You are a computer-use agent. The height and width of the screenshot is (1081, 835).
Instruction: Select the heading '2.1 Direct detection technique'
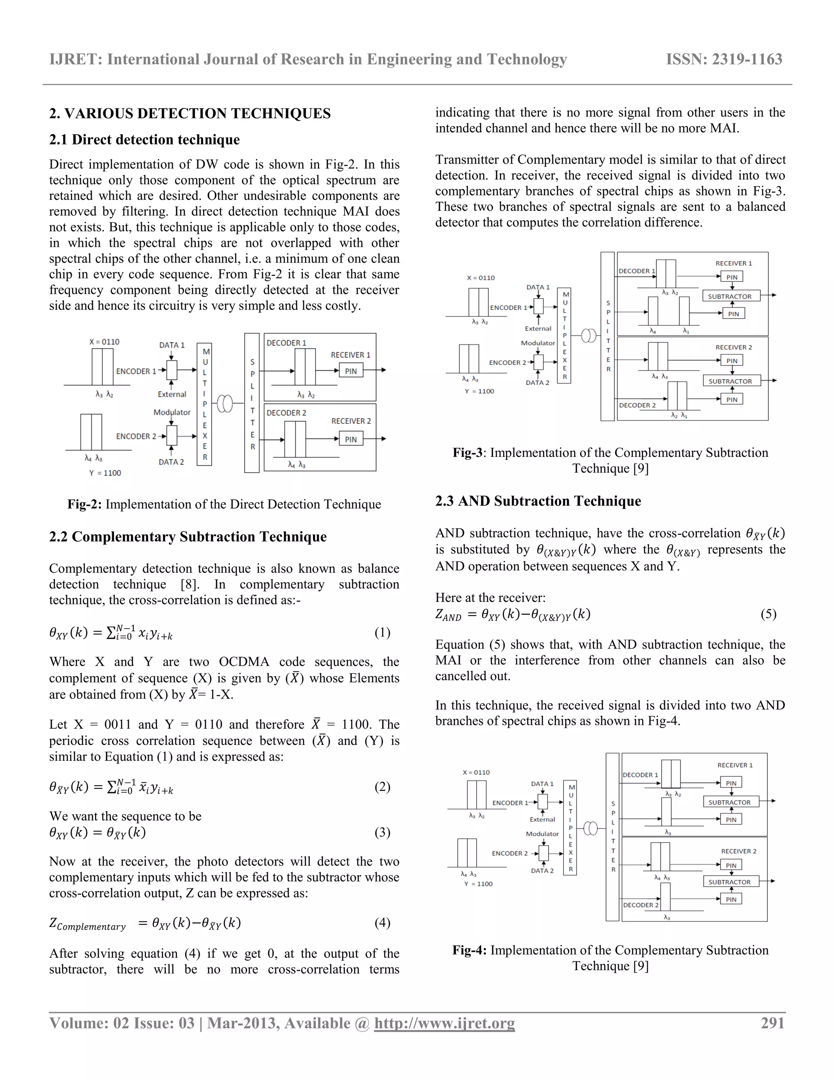coord(144,140)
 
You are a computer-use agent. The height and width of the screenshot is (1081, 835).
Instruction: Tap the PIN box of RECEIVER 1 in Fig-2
coord(351,371)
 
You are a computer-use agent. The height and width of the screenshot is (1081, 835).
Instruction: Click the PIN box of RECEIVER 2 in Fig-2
coord(351,439)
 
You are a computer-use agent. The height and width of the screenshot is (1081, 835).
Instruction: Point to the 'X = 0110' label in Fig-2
coord(104,341)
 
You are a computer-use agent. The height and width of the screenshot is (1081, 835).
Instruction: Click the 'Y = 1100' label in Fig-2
coord(105,473)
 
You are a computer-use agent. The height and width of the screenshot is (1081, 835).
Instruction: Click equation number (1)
coord(382,633)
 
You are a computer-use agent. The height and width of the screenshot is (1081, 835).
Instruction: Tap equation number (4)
coord(382,923)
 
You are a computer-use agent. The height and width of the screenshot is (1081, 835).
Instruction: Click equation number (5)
coord(768,614)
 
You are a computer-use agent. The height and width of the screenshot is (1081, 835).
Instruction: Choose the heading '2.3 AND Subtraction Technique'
coord(538,501)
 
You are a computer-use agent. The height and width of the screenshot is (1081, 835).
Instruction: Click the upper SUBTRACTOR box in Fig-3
coord(730,297)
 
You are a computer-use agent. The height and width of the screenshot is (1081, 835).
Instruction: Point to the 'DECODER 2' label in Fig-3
coord(638,405)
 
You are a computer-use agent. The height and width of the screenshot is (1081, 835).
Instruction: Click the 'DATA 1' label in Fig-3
coord(538,287)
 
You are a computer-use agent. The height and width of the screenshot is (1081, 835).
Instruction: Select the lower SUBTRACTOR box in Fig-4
coord(730,882)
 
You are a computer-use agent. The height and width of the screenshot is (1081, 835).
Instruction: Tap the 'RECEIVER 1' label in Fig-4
coord(735,765)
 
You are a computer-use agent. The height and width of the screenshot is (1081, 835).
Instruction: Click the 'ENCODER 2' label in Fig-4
coord(510,853)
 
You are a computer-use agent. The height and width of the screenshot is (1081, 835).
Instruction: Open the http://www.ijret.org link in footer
coord(444,1023)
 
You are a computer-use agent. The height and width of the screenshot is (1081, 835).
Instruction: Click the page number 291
coord(772,1023)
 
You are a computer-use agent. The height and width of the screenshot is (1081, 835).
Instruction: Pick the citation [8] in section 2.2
coord(190,585)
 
